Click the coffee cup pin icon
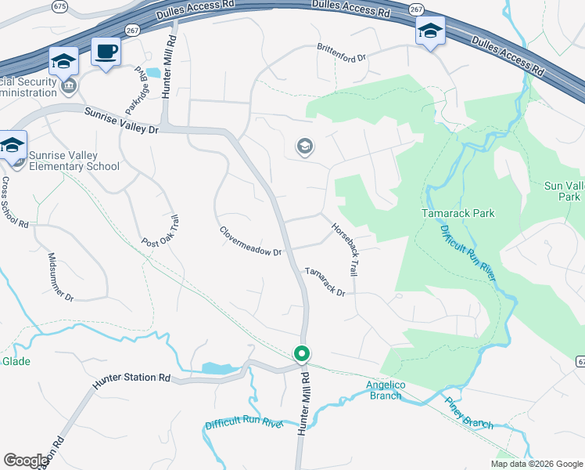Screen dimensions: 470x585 coord(106,52)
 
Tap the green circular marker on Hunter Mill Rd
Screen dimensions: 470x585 coord(301,354)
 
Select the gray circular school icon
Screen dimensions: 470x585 coord(304,146)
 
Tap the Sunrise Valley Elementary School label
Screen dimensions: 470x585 coord(74,161)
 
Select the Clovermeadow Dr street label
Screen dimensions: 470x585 coord(250,241)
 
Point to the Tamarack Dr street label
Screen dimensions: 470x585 coord(325,281)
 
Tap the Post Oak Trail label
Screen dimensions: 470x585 coord(160,230)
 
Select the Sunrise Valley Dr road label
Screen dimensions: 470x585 coord(121,121)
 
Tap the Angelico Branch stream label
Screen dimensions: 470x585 coord(384,389)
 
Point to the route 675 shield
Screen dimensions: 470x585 coord(59,6)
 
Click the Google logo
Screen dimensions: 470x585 coord(26,461)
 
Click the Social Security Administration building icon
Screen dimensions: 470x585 coord(69,85)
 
